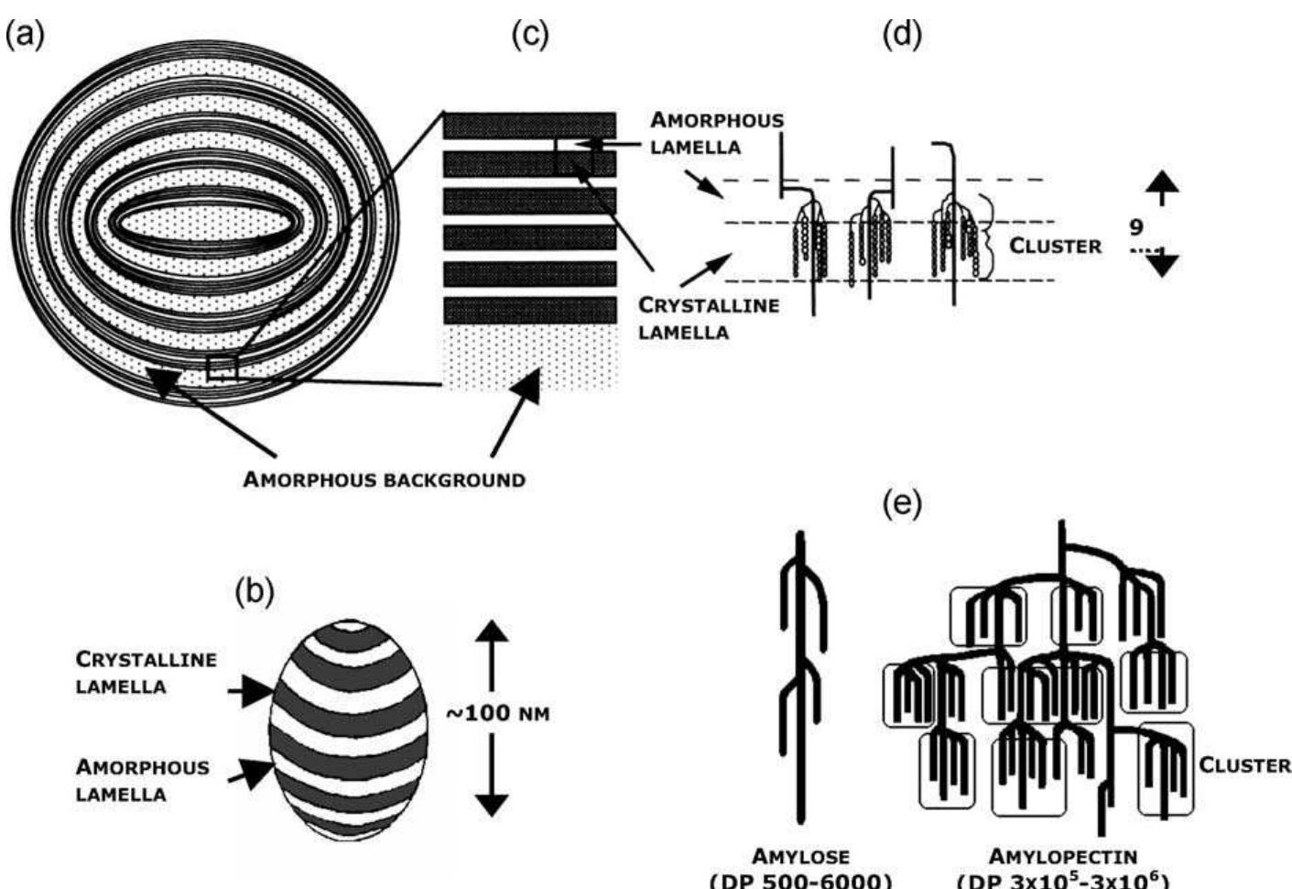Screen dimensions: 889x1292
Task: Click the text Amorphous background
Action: (x=384, y=479)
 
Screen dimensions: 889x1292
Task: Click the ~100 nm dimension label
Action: (x=498, y=713)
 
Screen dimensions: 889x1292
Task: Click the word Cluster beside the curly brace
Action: (x=1055, y=246)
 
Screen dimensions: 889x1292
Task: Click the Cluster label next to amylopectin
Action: (x=1244, y=765)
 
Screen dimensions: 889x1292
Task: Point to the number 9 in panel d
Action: (x=1136, y=226)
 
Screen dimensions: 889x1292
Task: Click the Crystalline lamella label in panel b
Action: (x=147, y=672)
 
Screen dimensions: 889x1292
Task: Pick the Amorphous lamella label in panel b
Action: (x=142, y=780)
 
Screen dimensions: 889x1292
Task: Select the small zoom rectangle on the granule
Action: (x=223, y=368)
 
